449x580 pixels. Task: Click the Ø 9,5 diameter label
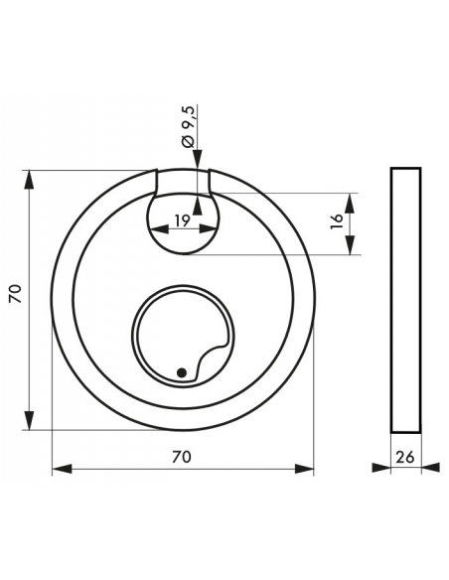pyautogui.click(x=189, y=126)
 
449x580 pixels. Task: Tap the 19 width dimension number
pyautogui.click(x=183, y=220)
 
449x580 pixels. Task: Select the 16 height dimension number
pyautogui.click(x=337, y=221)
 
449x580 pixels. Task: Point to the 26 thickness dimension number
pyautogui.click(x=405, y=458)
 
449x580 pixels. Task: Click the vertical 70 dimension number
pyautogui.click(x=16, y=294)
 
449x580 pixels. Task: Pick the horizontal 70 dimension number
pyautogui.click(x=182, y=457)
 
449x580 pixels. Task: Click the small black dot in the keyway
pyautogui.click(x=181, y=372)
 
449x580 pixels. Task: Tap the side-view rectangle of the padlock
pyautogui.click(x=405, y=300)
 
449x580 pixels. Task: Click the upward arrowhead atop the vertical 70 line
pyautogui.click(x=29, y=180)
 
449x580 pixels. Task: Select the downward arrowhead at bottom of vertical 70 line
pyautogui.click(x=29, y=420)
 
